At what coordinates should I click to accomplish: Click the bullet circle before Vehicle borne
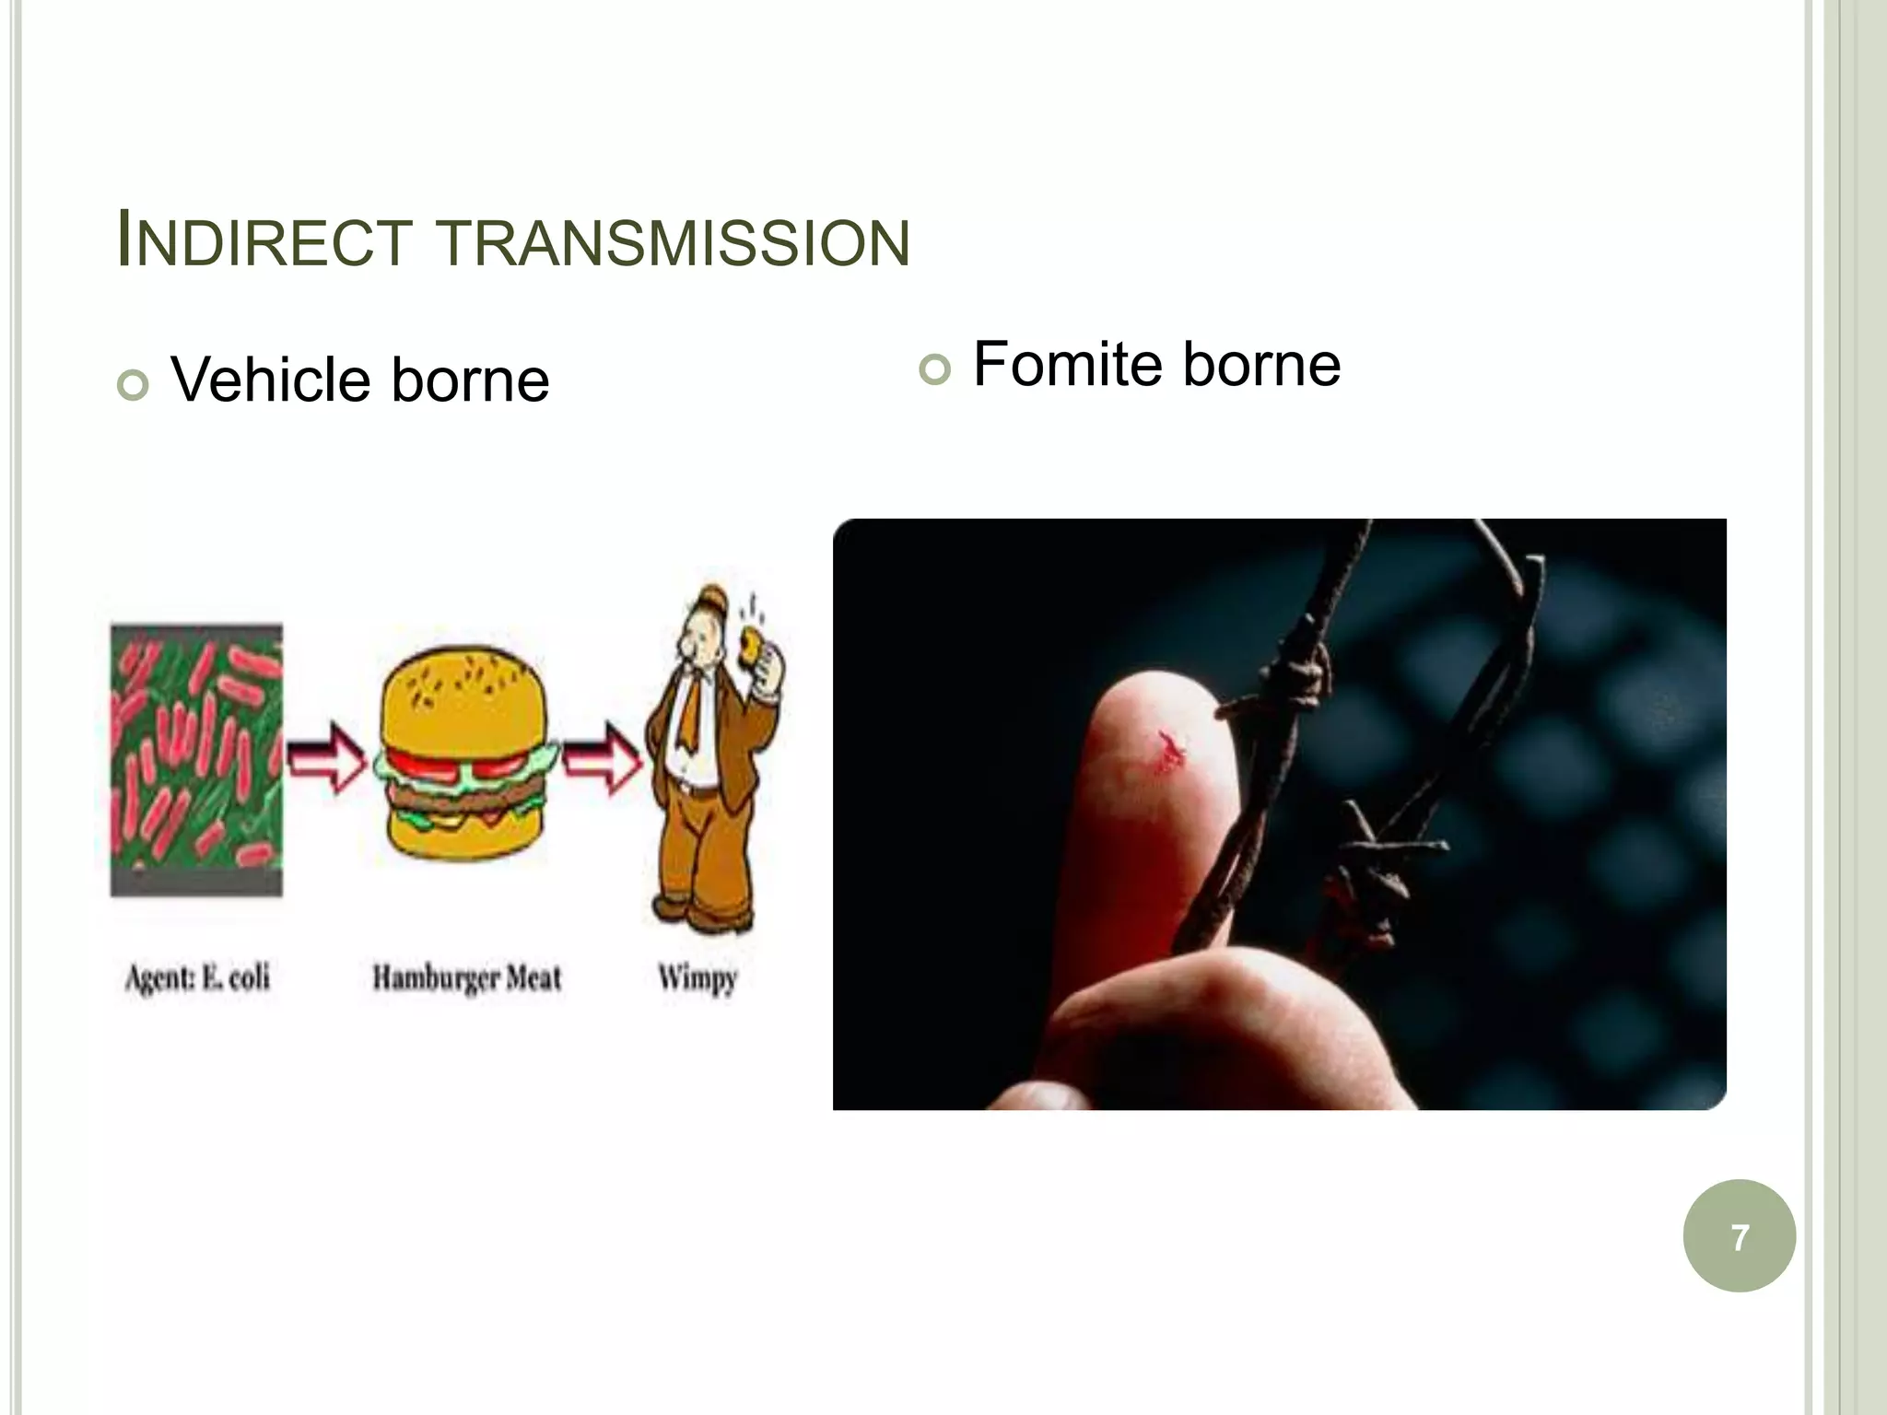[x=133, y=385]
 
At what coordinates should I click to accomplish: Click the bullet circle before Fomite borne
[x=933, y=369]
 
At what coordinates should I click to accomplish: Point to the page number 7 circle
[x=1739, y=1236]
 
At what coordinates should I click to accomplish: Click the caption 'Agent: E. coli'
[x=197, y=977]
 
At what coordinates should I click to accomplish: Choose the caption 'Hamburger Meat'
[x=466, y=977]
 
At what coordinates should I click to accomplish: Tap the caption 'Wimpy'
[x=697, y=977]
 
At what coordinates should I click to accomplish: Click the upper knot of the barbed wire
[x=1299, y=686]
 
